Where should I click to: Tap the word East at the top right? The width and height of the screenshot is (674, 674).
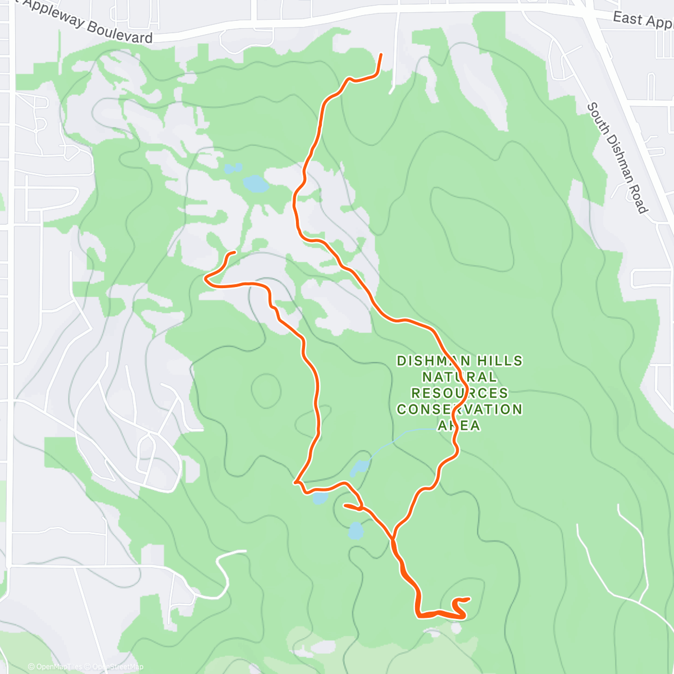627,18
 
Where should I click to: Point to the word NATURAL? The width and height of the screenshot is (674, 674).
459,377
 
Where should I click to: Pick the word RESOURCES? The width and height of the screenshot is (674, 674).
459,393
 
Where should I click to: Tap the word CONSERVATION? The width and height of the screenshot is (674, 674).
459,409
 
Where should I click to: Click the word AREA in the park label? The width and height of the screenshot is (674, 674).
459,426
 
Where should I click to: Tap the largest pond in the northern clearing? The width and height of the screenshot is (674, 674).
255,184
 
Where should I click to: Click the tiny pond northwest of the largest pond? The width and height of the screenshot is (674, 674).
232,168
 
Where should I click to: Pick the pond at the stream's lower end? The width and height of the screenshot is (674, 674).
359,467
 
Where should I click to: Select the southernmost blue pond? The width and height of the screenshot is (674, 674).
356,530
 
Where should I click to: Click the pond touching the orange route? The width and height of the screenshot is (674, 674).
320,498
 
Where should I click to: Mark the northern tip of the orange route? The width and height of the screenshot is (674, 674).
381,54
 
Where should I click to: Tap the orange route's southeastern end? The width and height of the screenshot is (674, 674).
468,598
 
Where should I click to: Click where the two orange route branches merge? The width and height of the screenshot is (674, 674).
394,539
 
